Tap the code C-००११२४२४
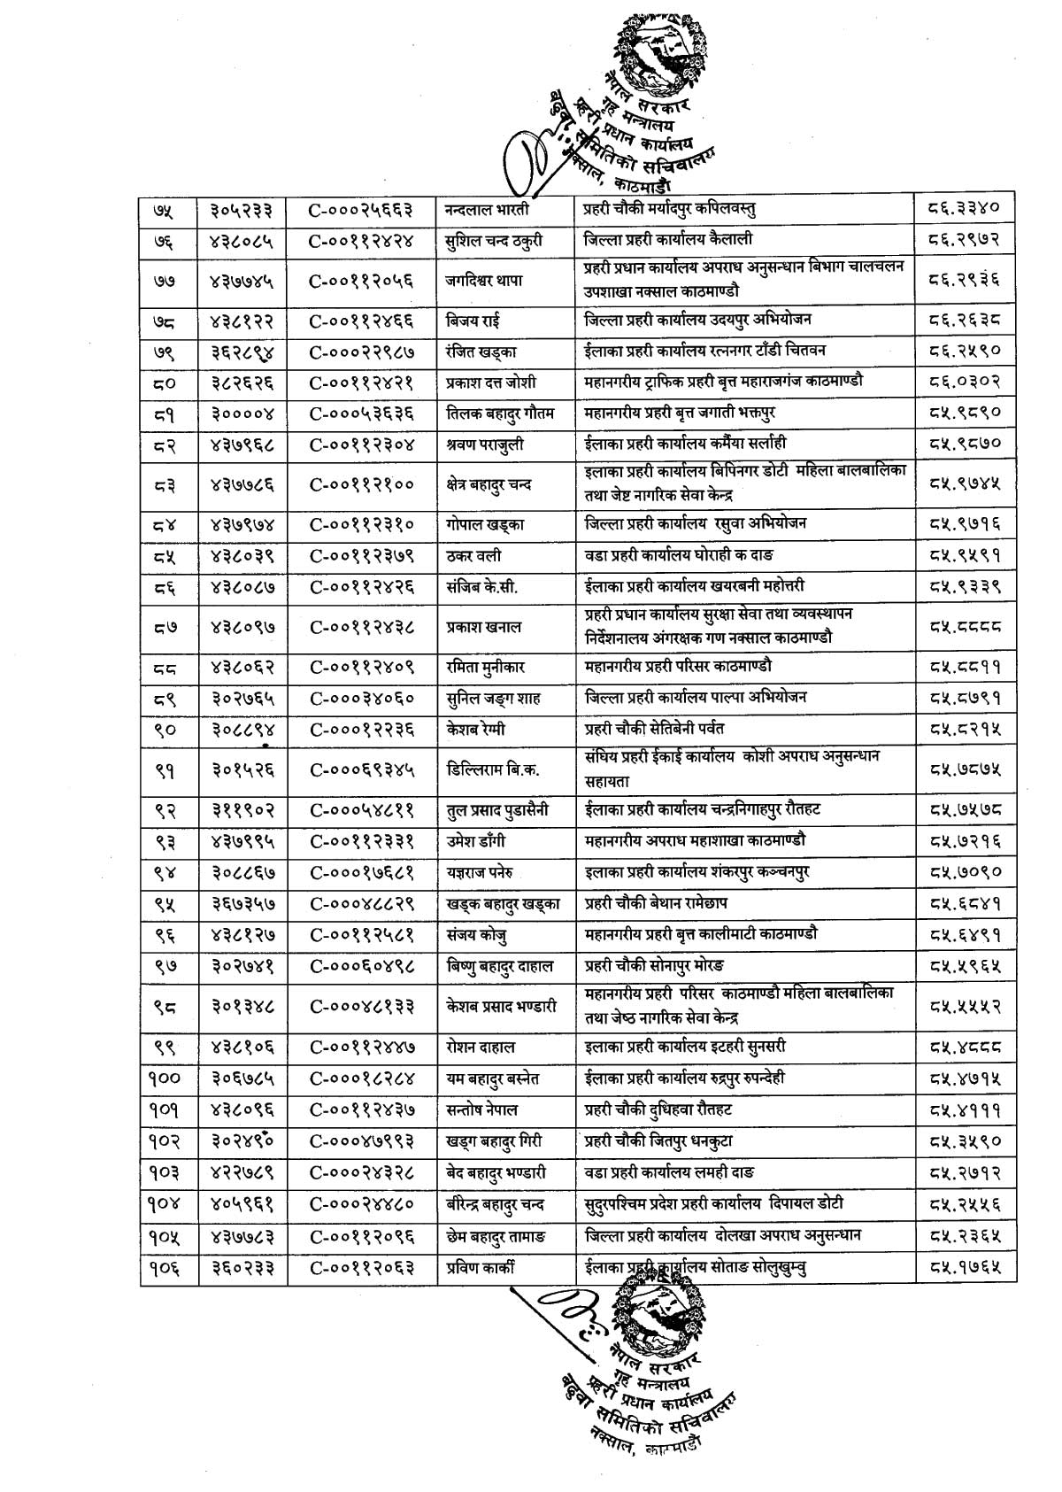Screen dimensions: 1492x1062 (x=361, y=240)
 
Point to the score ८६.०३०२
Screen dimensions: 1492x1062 (x=964, y=382)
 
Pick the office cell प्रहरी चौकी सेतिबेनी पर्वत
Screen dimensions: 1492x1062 (x=654, y=729)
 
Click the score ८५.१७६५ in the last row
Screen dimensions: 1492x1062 (x=964, y=1267)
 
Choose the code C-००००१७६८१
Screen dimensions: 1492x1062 (x=361, y=872)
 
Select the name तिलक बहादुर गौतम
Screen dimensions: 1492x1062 (x=500, y=414)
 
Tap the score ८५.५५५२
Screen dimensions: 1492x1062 (x=964, y=1006)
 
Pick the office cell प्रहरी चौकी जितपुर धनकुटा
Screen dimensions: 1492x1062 (x=658, y=1141)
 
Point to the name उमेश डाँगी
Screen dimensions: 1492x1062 (x=476, y=840)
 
